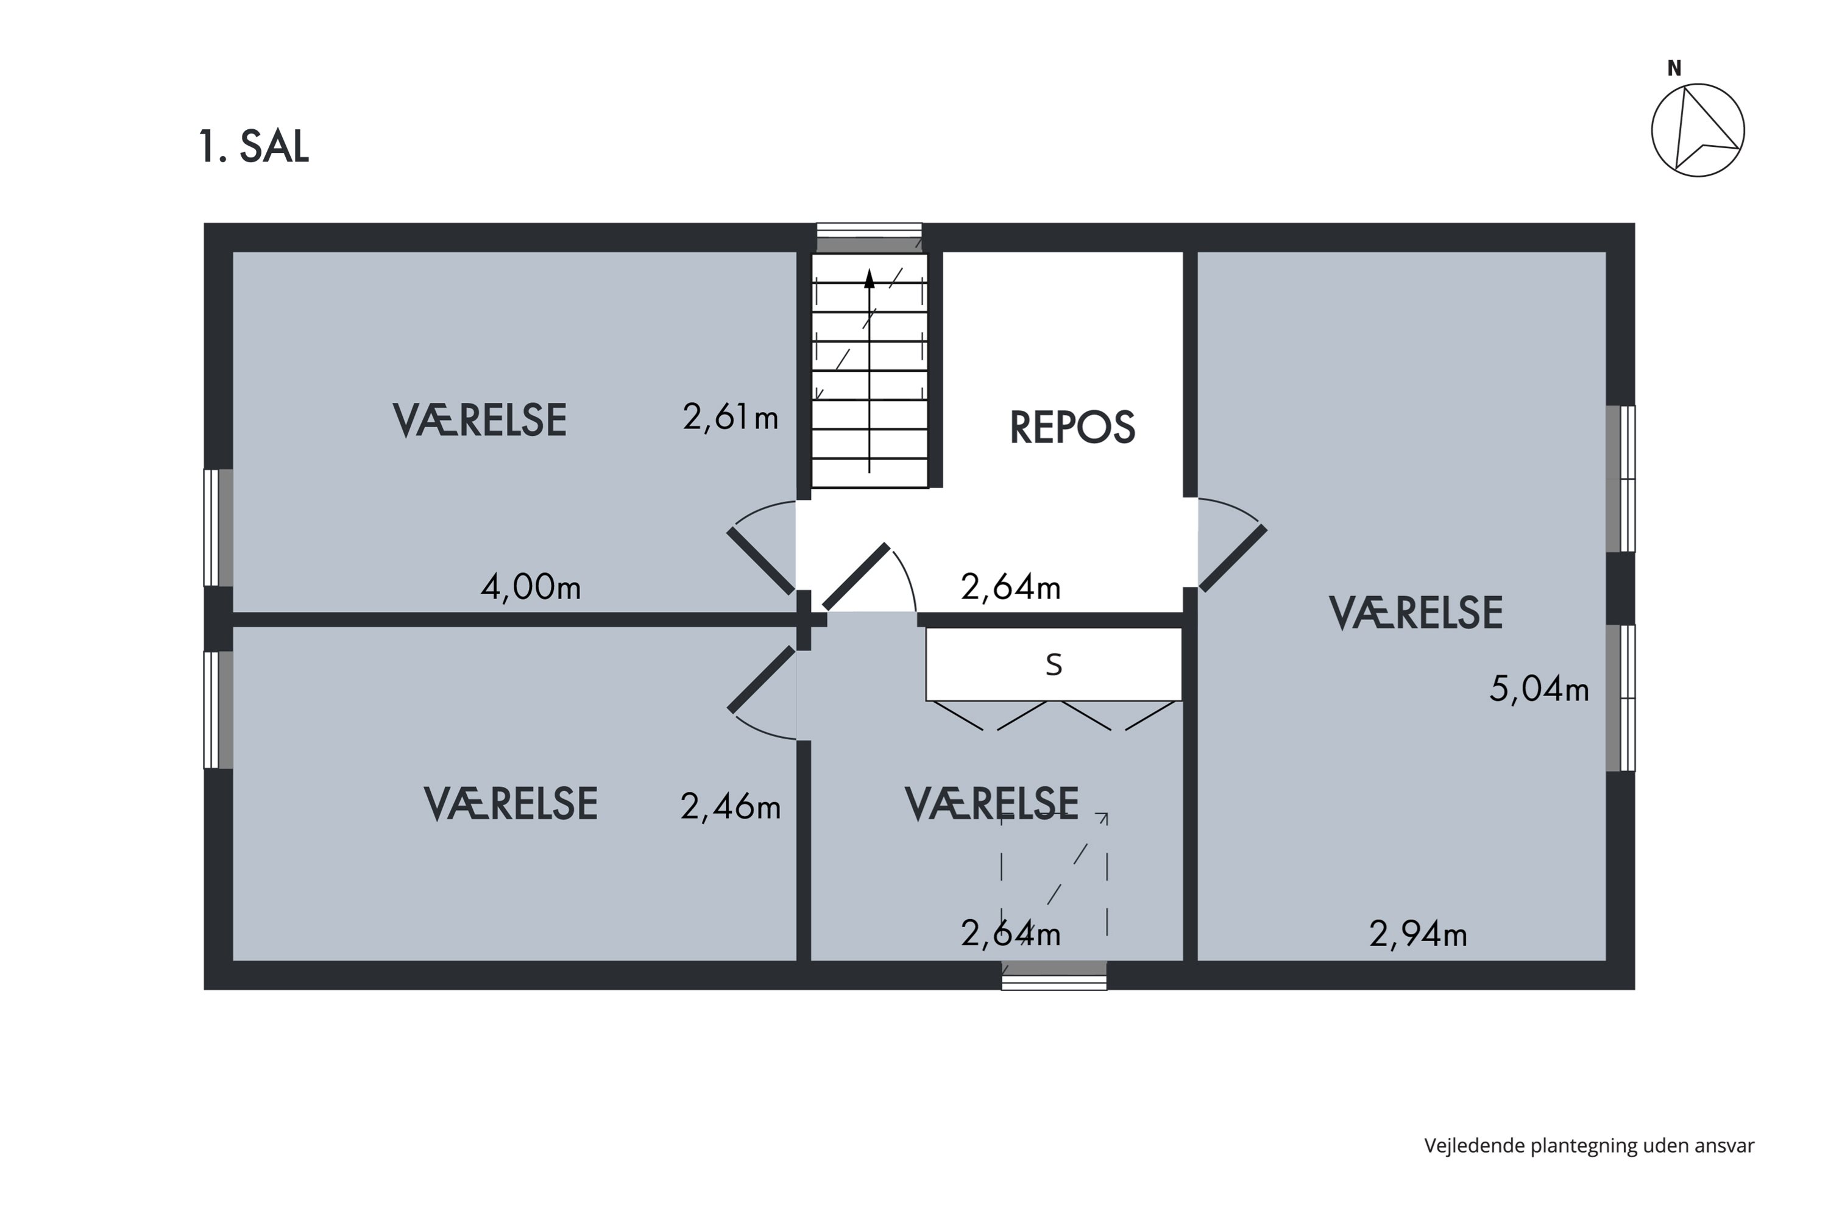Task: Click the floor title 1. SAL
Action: tap(253, 146)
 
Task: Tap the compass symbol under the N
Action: tap(1698, 130)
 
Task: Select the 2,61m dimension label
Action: tap(730, 418)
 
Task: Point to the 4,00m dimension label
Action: tap(530, 586)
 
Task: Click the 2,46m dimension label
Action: tap(730, 806)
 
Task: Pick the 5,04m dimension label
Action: tap(1538, 689)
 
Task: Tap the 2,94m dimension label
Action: tap(1418, 934)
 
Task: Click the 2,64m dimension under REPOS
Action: tap(1010, 586)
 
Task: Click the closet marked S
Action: tap(1053, 665)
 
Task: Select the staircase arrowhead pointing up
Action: tap(869, 279)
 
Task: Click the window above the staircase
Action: tap(869, 237)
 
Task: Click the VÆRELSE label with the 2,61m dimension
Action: tap(480, 421)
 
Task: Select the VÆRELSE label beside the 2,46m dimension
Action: tap(510, 804)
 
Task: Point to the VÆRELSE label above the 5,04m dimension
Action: tap(1415, 613)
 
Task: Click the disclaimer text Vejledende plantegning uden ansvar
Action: tap(1589, 1145)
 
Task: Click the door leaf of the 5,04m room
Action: tap(1233, 558)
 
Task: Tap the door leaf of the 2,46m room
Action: tap(762, 680)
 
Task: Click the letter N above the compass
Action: tap(1674, 69)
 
